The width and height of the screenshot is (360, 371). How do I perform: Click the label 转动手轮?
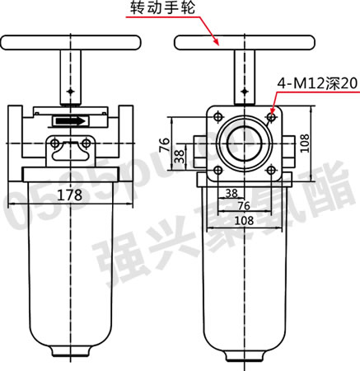tap(163, 11)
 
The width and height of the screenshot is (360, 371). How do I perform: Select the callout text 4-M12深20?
tap(316, 83)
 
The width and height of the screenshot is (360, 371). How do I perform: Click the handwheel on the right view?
tap(245, 43)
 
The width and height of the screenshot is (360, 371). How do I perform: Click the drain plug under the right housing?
tap(245, 355)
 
